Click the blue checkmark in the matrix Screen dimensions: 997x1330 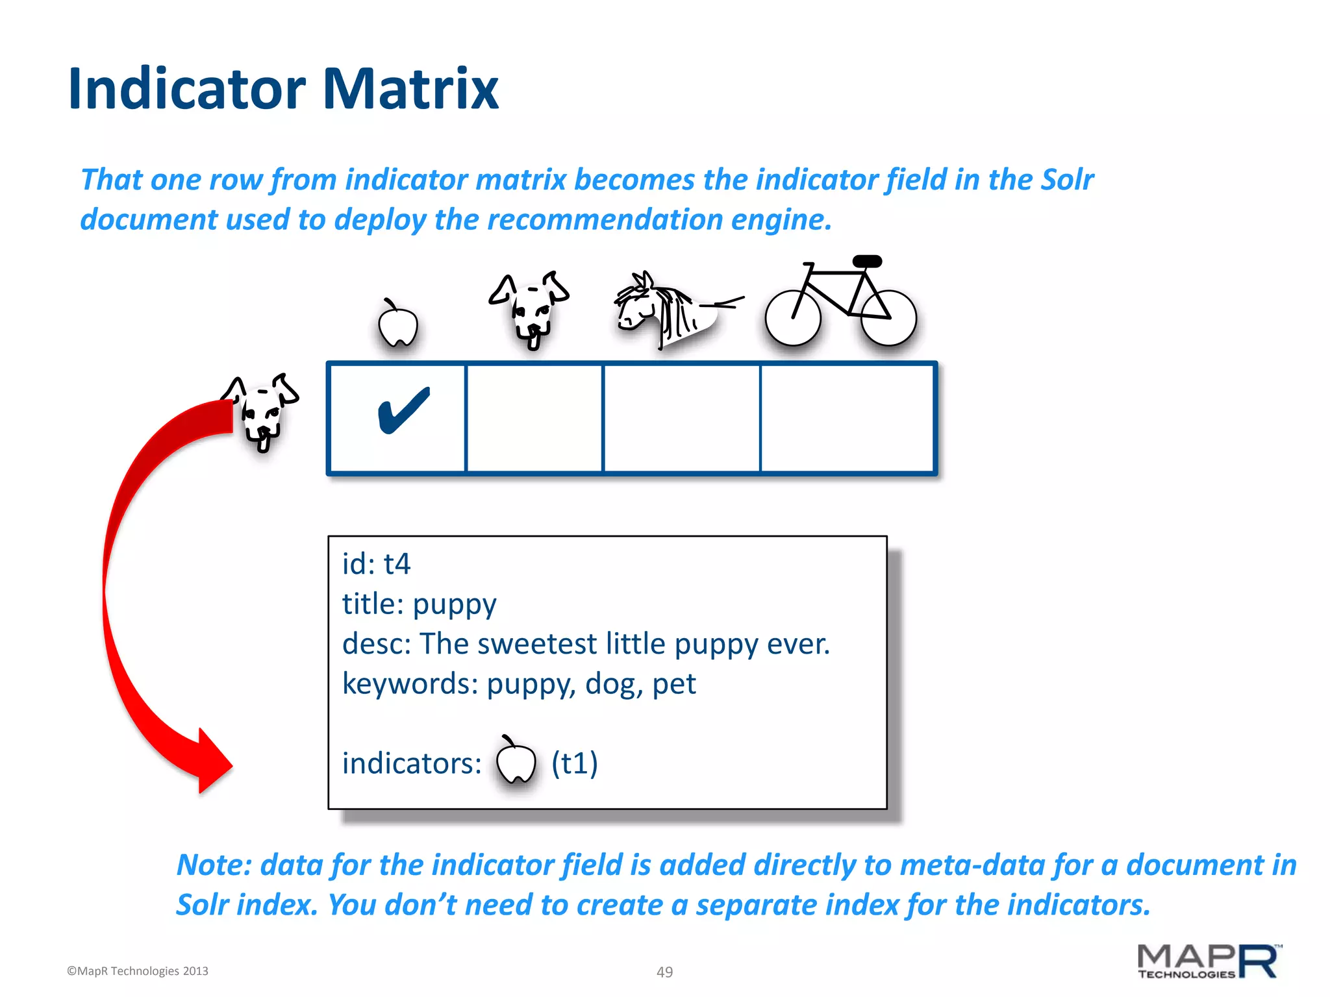[403, 410]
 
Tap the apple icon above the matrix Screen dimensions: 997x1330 [397, 325]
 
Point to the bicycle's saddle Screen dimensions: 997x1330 [867, 262]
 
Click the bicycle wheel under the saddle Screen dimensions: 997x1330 [888, 318]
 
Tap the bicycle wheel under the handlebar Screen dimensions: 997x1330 [793, 318]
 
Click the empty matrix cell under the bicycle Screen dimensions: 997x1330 [847, 419]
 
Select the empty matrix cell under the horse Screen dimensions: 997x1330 [681, 419]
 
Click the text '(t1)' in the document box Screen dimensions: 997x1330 [575, 763]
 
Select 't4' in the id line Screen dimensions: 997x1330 [397, 564]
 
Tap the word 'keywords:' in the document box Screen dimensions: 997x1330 [410, 684]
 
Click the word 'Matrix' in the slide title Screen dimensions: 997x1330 [410, 89]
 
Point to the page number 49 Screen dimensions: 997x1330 [664, 972]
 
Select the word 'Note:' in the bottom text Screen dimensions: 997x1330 [214, 865]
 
